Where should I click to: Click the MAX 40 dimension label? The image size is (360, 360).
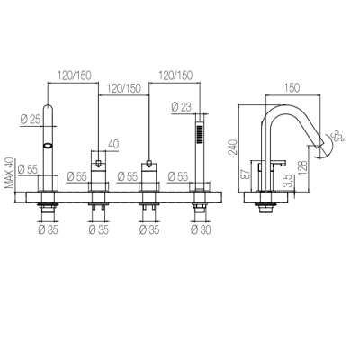click(10, 173)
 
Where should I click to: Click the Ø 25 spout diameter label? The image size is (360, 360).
click(30, 120)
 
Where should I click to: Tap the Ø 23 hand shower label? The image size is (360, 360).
click(181, 107)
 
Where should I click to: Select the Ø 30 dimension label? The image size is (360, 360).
click(201, 230)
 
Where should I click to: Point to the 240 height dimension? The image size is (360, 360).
click(233, 147)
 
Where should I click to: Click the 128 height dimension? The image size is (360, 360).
click(303, 168)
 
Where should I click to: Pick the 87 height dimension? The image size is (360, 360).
click(246, 174)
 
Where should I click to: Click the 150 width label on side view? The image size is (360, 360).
click(292, 88)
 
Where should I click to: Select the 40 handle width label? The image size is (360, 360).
click(112, 144)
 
